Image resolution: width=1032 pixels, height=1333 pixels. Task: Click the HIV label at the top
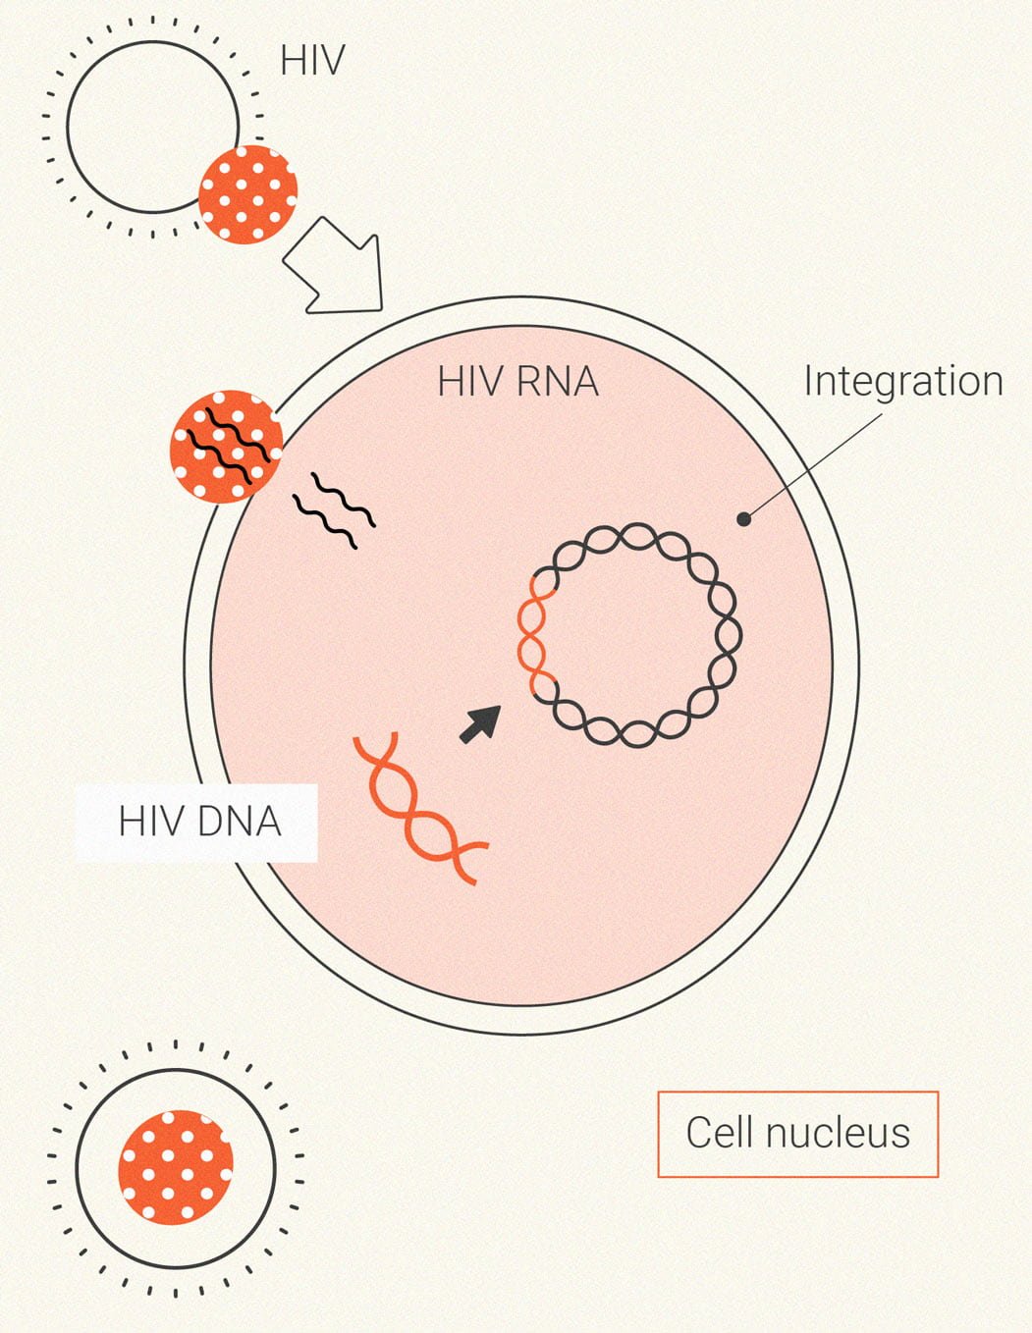312,61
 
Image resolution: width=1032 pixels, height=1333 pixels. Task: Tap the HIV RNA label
517,381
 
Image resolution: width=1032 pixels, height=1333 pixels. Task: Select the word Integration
902,381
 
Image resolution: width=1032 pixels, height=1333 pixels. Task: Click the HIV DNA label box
197,823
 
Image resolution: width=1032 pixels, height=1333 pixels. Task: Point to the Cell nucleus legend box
797,1133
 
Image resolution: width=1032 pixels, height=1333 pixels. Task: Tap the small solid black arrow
481,723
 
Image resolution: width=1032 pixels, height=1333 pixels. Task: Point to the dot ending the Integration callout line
744,518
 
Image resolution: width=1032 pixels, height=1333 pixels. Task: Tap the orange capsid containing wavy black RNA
226,448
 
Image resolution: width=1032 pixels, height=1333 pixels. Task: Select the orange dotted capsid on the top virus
247,194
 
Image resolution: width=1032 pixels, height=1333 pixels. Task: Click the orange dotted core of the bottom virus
176,1168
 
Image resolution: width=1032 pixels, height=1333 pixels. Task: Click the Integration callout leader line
815,466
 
